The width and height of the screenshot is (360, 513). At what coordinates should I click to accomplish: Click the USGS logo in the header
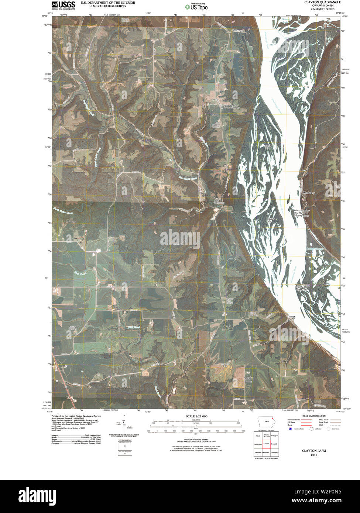coord(63,5)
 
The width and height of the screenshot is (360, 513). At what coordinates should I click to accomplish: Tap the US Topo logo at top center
coord(196,6)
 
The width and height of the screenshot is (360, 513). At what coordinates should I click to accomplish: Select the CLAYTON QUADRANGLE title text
coord(322,2)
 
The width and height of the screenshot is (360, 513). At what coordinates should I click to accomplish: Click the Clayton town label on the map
coord(291,317)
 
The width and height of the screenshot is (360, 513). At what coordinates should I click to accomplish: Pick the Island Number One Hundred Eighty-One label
coord(302,287)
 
